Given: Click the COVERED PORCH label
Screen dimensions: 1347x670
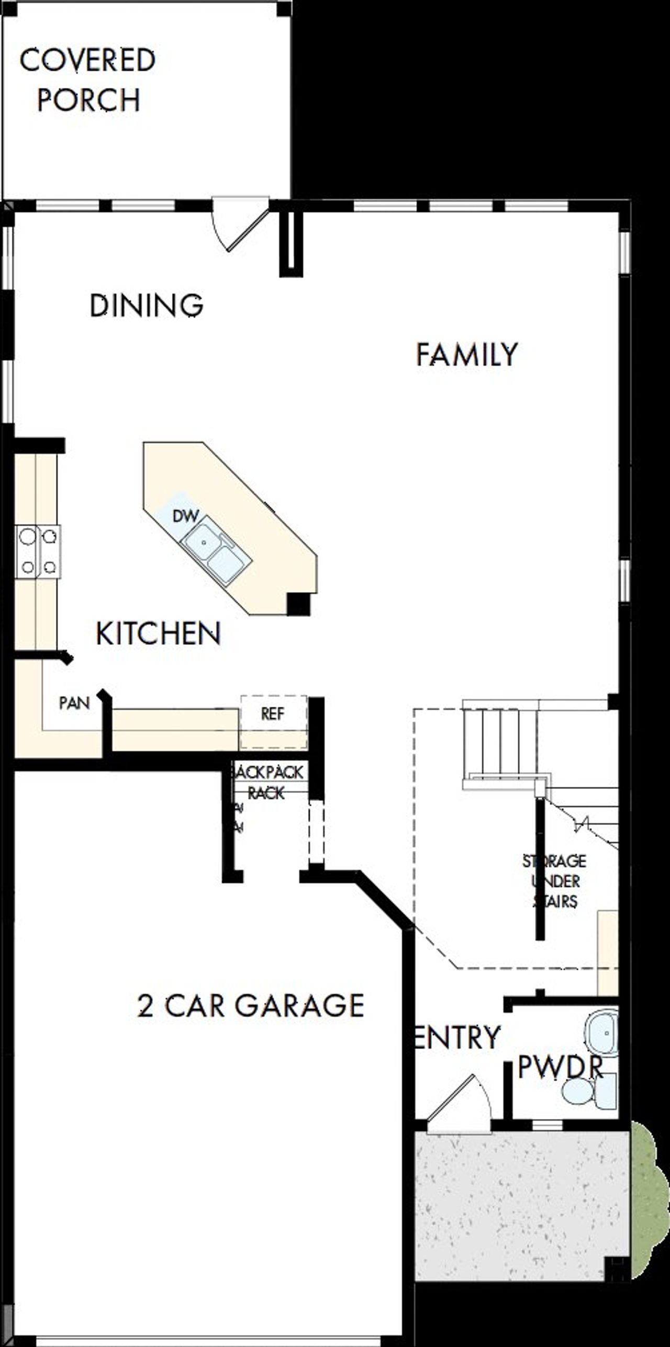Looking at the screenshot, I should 87,80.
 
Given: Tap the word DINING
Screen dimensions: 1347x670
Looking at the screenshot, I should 147,305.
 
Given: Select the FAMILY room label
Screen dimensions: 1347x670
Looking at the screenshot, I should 467,354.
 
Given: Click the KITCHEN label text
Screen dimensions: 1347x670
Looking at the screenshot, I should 158,633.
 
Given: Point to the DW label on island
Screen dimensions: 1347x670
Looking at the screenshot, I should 185,516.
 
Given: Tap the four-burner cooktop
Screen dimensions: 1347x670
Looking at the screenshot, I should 38,551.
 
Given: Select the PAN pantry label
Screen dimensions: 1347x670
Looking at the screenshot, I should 74,703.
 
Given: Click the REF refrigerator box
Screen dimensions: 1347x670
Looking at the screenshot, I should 273,714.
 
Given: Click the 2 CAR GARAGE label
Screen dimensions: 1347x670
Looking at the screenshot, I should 250,1005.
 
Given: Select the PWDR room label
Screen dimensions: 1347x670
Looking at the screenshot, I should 560,1067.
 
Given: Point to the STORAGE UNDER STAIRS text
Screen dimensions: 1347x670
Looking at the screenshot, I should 555,881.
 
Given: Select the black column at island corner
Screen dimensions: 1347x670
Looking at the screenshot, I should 299,604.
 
